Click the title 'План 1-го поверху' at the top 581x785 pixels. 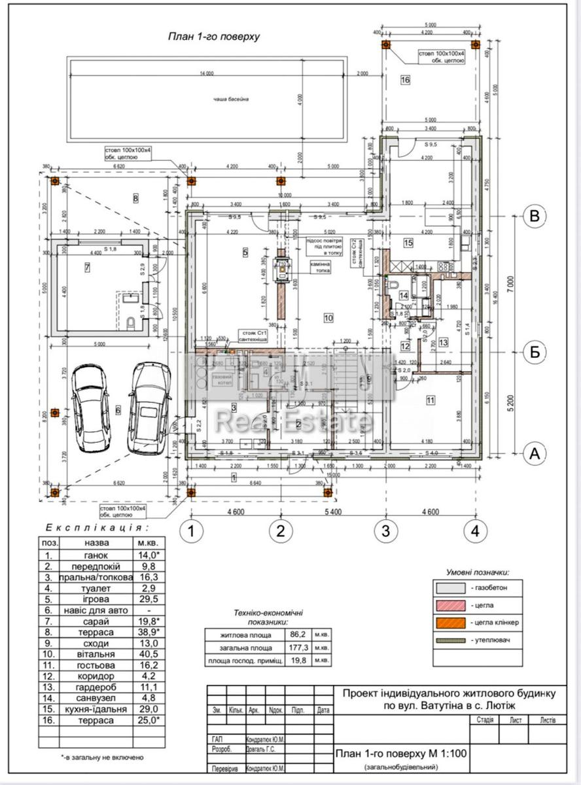[x=214, y=37]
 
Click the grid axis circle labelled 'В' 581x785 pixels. [x=535, y=217]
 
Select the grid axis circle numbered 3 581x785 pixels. [x=386, y=531]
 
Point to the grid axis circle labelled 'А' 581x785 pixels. [x=535, y=452]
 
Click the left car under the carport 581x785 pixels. [x=91, y=409]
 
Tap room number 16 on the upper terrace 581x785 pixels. [x=405, y=80]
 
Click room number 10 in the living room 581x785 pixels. [x=328, y=318]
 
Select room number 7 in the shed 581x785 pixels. [x=86, y=267]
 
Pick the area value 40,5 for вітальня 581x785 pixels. [x=147, y=654]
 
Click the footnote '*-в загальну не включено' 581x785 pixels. [x=101, y=757]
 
